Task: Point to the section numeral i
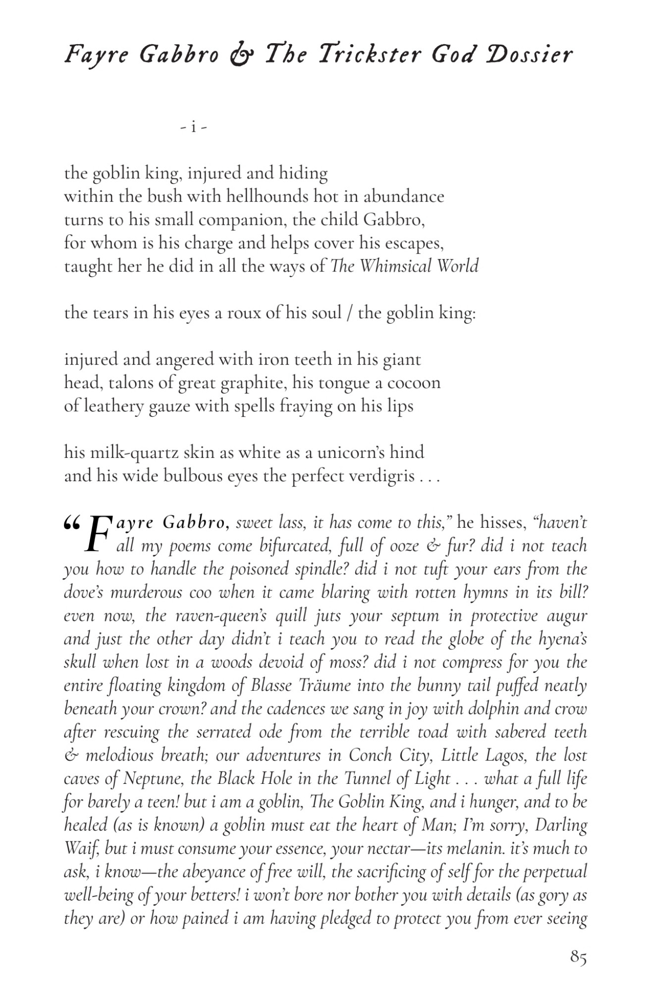point(194,127)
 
